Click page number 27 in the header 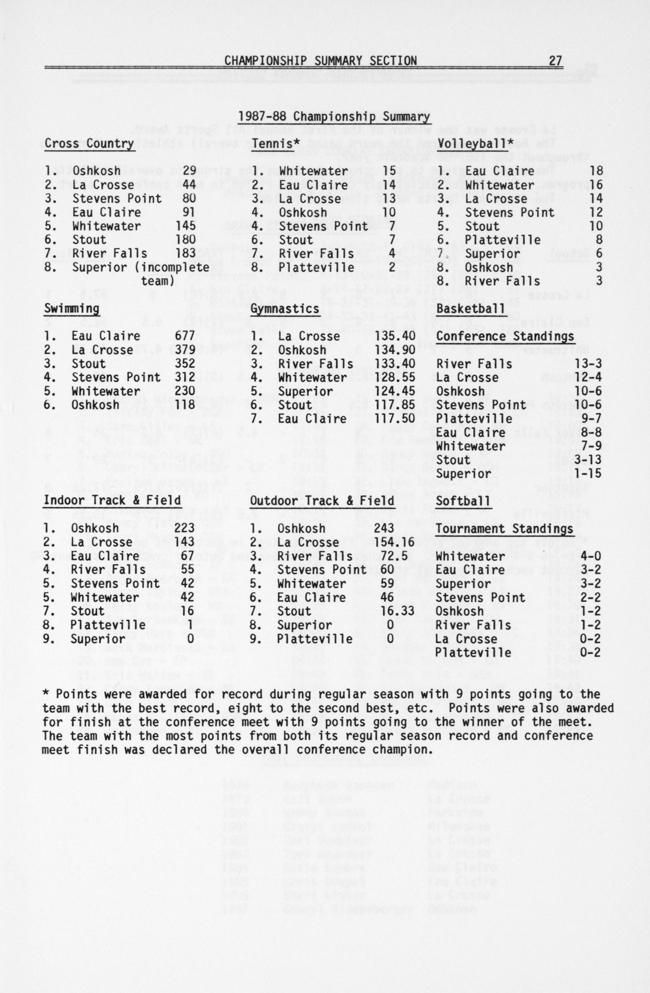click(x=555, y=61)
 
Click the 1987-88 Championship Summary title click(x=334, y=117)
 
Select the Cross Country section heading click(x=89, y=143)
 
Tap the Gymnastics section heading click(x=285, y=309)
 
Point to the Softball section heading click(x=463, y=501)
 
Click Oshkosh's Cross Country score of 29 click(x=189, y=170)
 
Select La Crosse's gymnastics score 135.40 click(x=395, y=336)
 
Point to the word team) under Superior click(x=158, y=281)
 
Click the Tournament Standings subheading click(x=504, y=529)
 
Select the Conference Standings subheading click(x=505, y=336)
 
